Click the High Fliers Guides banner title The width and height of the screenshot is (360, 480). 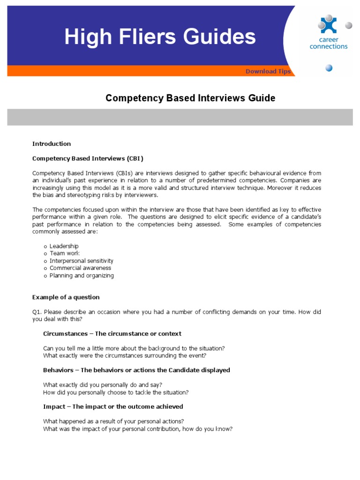pos(160,37)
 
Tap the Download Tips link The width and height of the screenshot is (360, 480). pos(268,71)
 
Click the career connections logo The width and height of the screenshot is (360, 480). pos(329,33)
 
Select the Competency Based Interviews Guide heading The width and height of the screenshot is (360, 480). pos(190,98)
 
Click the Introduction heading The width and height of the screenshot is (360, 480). pos(52,143)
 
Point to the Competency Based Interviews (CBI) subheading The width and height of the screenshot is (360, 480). pos(88,158)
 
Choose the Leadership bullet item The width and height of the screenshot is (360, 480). pos(64,246)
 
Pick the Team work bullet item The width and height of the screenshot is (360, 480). pos(64,253)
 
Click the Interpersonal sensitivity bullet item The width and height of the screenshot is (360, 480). pos(81,261)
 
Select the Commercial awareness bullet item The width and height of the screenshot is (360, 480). pos(80,268)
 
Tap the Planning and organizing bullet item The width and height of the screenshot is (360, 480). pos(82,276)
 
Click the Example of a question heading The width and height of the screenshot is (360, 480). pos(66,297)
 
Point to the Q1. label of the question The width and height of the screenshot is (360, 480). pos(37,312)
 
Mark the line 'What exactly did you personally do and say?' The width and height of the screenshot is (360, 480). pos(103,385)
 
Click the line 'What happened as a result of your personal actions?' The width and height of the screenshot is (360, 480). pos(113,421)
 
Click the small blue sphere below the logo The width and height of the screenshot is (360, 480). pos(329,68)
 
